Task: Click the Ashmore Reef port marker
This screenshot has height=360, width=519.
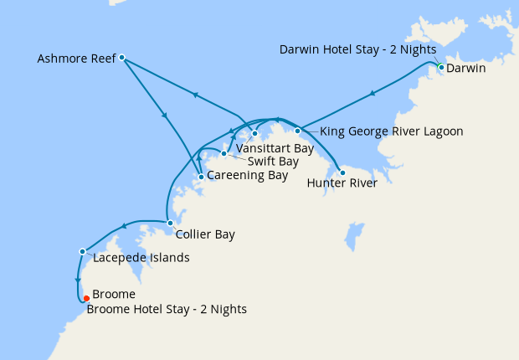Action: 121,58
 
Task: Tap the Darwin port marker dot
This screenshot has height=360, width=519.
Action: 441,67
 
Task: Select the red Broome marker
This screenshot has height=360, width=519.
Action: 86,298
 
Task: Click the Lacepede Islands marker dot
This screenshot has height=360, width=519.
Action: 82,251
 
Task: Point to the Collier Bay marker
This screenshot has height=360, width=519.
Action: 170,223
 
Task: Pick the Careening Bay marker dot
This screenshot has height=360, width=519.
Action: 201,177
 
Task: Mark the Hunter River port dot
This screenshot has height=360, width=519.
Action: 342,172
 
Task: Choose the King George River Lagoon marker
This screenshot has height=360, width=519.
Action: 297,131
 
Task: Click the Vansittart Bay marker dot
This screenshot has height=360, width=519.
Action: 255,133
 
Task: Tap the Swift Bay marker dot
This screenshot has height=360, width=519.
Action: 224,153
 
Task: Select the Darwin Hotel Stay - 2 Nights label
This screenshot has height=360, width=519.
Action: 357,49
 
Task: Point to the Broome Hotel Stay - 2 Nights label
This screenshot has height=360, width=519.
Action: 167,310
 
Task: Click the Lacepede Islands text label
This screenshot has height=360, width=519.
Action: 141,258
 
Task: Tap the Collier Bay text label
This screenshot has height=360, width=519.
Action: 205,235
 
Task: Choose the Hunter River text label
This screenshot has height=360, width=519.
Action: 342,183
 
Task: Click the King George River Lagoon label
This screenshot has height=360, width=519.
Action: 392,131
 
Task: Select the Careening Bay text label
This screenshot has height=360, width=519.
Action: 247,176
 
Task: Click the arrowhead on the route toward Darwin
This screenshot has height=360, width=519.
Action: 373,93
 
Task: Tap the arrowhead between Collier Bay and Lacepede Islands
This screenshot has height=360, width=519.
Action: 124,225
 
